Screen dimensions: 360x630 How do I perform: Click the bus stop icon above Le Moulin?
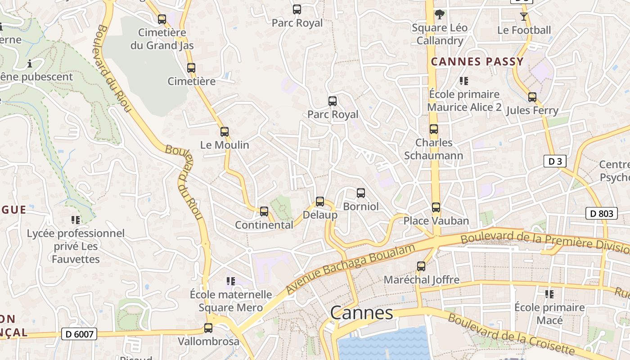[224, 132]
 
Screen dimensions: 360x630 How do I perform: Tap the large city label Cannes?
[361, 313]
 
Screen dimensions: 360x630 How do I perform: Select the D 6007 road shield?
[79, 334]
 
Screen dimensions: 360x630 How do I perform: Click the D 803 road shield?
[601, 213]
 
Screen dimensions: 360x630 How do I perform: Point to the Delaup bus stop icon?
[320, 202]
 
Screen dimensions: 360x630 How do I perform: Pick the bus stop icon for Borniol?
[360, 193]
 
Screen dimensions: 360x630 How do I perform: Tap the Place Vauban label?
[436, 221]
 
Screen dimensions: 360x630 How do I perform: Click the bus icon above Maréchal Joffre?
[421, 266]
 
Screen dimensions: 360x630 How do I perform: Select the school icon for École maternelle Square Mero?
[231, 282]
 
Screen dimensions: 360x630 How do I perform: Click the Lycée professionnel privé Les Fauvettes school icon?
[76, 220]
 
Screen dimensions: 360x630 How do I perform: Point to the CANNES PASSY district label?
[477, 62]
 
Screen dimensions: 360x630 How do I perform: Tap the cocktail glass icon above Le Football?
[523, 17]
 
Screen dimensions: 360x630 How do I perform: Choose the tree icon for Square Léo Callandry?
[439, 14]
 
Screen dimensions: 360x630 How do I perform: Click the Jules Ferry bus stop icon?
[532, 97]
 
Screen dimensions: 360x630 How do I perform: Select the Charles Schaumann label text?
[433, 149]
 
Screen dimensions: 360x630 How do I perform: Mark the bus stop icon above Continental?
[264, 211]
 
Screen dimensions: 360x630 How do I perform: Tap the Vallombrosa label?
[208, 341]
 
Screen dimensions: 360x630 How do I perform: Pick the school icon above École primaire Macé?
[549, 294]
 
